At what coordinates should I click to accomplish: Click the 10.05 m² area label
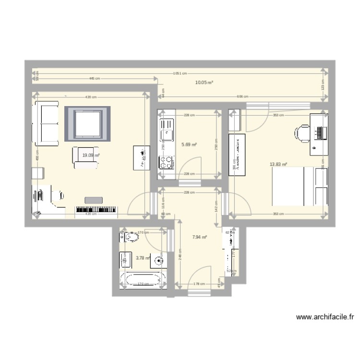click(x=204, y=83)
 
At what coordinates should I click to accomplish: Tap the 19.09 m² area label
click(x=91, y=155)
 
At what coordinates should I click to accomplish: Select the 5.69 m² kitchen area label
click(x=190, y=144)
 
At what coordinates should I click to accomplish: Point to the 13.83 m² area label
click(x=278, y=164)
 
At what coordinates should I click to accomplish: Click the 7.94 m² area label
click(x=200, y=237)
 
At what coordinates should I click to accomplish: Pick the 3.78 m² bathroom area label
click(x=143, y=258)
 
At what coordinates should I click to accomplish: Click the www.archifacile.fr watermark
click(x=325, y=317)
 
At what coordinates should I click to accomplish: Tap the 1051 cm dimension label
click(x=180, y=73)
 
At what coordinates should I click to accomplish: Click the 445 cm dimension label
click(x=95, y=78)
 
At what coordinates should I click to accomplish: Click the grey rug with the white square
click(x=88, y=124)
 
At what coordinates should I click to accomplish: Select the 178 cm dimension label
click(x=197, y=284)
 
